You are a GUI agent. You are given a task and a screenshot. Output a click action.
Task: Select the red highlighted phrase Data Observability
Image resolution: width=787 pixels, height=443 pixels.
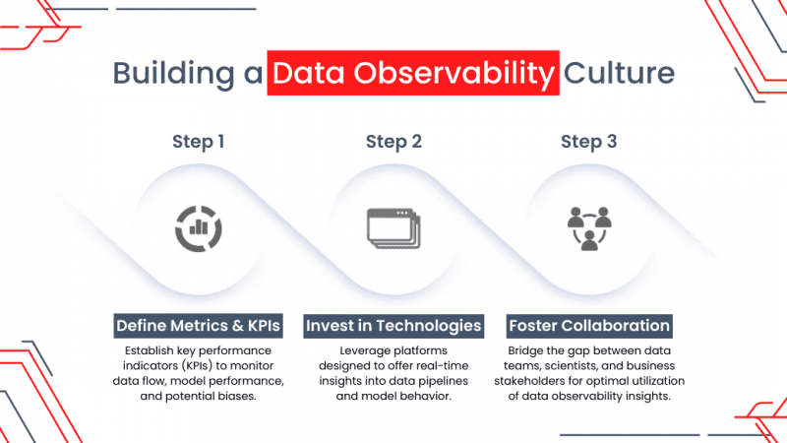pyautogui.click(x=413, y=74)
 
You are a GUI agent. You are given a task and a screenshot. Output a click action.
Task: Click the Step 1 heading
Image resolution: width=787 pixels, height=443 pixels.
pyautogui.click(x=199, y=141)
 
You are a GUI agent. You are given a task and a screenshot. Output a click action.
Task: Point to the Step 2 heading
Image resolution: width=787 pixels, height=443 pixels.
pyautogui.click(x=393, y=141)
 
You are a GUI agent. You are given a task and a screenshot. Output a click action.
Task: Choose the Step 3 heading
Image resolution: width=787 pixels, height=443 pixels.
pyautogui.click(x=588, y=141)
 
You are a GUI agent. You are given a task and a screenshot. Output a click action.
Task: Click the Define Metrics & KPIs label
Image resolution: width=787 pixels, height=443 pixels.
pyautogui.click(x=200, y=325)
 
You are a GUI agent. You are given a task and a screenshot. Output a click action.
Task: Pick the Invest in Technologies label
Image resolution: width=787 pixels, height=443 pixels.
pyautogui.click(x=393, y=325)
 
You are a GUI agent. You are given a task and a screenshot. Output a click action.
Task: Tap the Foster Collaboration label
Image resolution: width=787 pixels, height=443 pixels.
pyautogui.click(x=588, y=325)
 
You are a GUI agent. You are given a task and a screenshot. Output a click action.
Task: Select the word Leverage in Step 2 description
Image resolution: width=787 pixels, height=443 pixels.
pyautogui.click(x=360, y=349)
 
